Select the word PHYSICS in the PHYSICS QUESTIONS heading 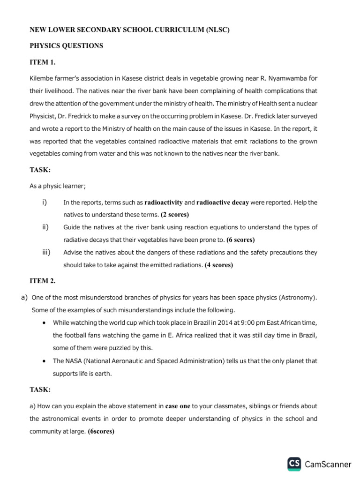coord(48,46)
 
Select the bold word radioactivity coord(164,202)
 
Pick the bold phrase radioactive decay coord(223,202)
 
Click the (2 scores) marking coord(175,215)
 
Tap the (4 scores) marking coord(219,265)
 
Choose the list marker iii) coord(46,252)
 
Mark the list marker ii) coord(45,227)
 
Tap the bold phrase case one coord(178,406)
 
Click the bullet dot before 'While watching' coord(44,323)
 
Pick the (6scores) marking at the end coord(101,431)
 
